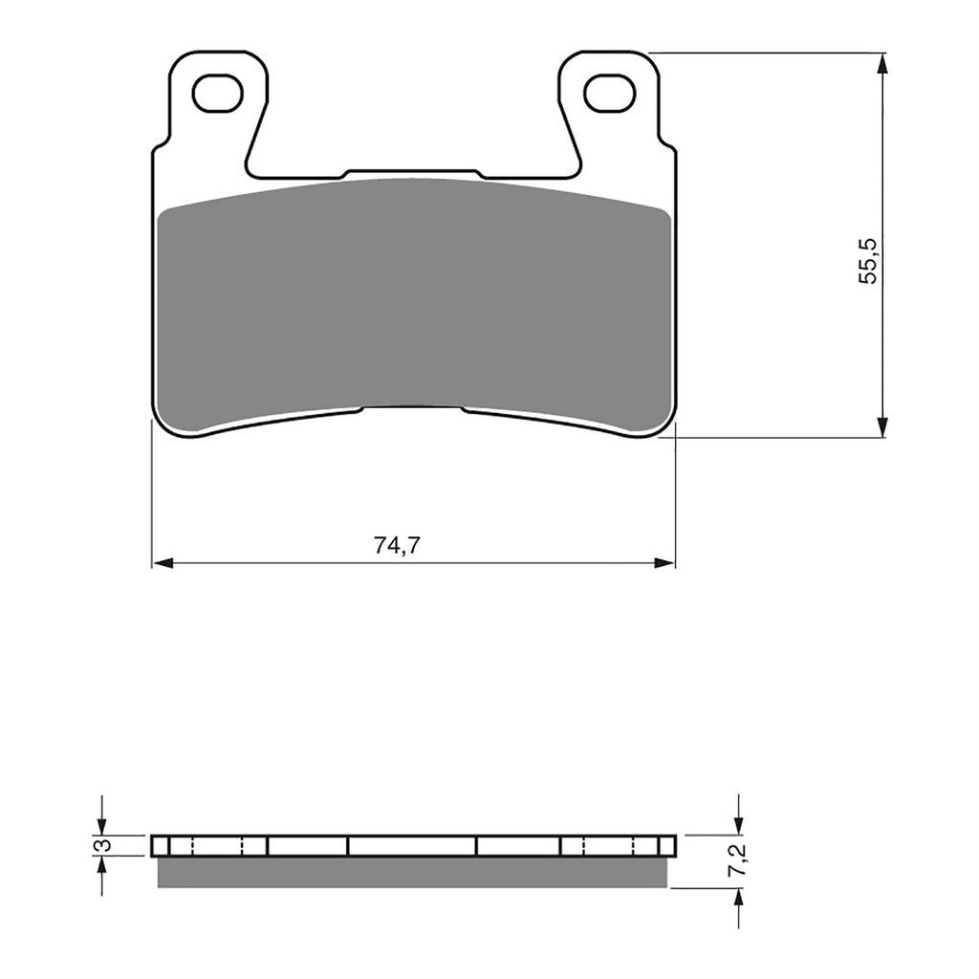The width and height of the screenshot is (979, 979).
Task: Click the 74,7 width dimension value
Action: pyautogui.click(x=398, y=547)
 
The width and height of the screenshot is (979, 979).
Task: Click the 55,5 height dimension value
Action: pyautogui.click(x=867, y=261)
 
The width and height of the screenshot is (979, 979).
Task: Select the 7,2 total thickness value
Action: pyautogui.click(x=737, y=861)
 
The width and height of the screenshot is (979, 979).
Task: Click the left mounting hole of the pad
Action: pyautogui.click(x=217, y=94)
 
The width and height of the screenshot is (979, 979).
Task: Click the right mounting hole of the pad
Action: pyautogui.click(x=609, y=94)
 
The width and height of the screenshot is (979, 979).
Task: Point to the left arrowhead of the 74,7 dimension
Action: pyautogui.click(x=163, y=563)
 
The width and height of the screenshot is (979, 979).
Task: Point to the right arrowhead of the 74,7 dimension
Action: pyautogui.click(x=664, y=563)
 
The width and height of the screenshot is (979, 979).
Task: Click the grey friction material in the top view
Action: pyautogui.click(x=414, y=296)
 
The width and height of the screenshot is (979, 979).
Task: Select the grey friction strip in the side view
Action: pyautogui.click(x=414, y=871)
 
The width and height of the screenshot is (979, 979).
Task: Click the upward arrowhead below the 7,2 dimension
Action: pyautogui.click(x=737, y=898)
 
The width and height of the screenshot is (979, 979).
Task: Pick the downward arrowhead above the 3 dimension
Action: pyautogui.click(x=102, y=824)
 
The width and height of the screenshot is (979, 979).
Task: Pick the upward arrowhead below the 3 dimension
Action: pyautogui.click(x=102, y=865)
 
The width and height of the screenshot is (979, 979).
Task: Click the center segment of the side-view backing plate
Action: pyautogui.click(x=412, y=845)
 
